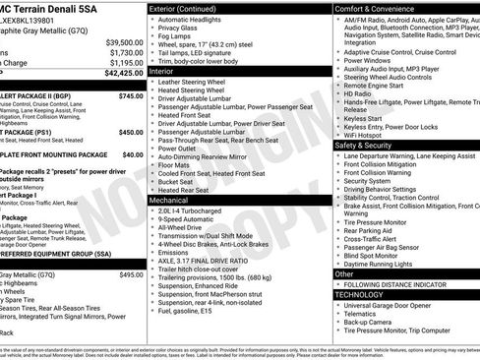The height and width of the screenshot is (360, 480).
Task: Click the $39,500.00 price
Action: pos(124,42)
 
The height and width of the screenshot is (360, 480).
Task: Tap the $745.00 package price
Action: pos(131,95)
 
